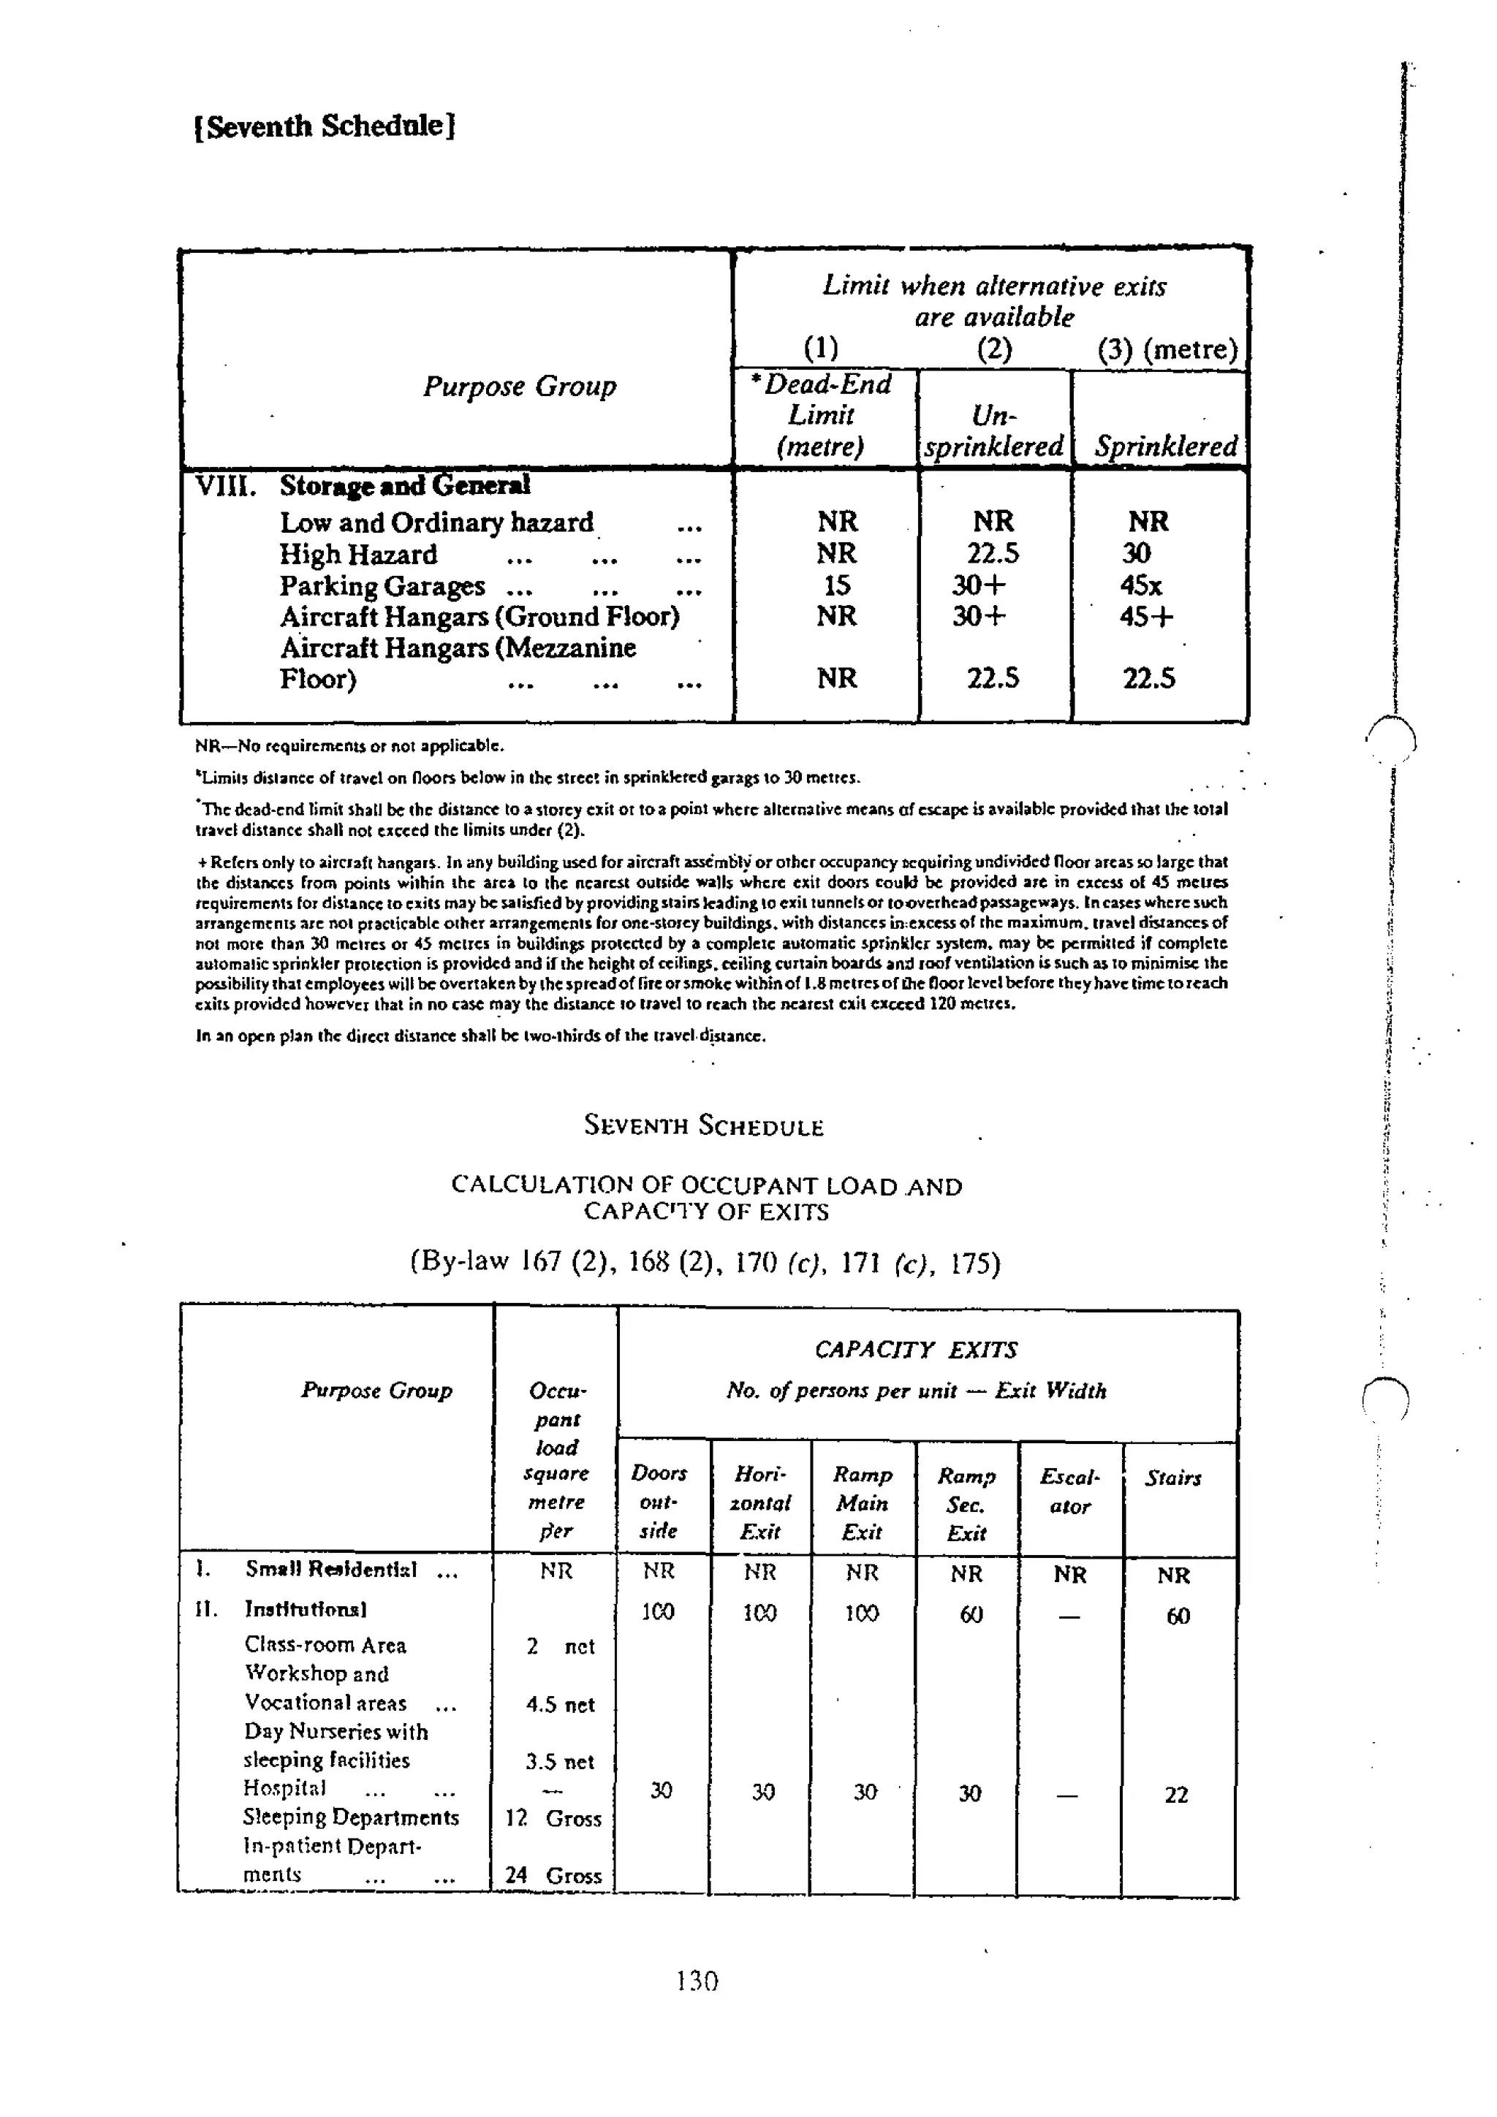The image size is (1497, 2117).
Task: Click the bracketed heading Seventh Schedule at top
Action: pos(325,126)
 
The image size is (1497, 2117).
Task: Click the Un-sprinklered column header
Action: pos(993,430)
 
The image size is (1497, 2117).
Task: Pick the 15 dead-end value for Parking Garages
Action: pos(837,585)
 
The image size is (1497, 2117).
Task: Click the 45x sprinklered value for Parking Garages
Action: pos(1142,585)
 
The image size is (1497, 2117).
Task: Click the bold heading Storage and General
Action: pos(404,485)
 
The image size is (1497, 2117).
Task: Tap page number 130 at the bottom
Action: pos(697,1980)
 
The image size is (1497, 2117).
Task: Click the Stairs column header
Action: pos(1172,1478)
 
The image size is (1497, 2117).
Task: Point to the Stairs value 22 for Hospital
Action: pos(1176,1794)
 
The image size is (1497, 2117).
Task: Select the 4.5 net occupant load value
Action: pos(560,1704)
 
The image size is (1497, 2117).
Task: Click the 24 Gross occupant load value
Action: pos(553,1874)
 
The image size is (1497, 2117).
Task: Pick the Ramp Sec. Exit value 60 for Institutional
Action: pos(970,1614)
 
